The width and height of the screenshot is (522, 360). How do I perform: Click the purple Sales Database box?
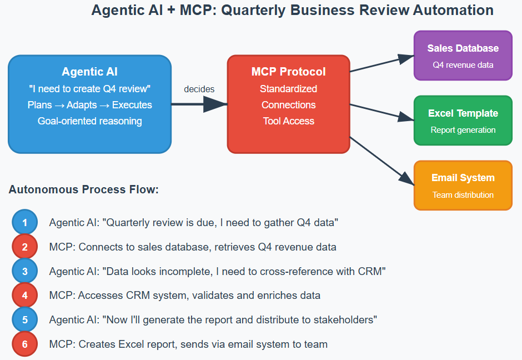click(x=463, y=56)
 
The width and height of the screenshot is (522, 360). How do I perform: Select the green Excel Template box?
click(x=463, y=121)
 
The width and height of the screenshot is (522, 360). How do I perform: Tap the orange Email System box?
click(x=463, y=186)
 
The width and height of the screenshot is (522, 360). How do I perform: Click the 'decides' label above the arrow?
click(x=199, y=89)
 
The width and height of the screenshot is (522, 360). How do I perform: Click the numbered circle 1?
click(x=24, y=223)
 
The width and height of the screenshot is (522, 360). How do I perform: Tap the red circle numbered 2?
click(x=24, y=247)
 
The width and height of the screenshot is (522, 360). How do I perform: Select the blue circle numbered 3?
click(x=24, y=271)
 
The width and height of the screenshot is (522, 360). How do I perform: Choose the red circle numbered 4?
click(x=24, y=296)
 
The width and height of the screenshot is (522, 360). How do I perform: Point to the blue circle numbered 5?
click(x=24, y=320)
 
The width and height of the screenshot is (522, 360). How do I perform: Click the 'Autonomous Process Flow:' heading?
click(x=84, y=190)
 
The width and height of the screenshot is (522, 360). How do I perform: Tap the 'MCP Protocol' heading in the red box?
click(x=289, y=72)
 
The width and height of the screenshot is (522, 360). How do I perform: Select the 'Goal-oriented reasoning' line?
click(x=90, y=121)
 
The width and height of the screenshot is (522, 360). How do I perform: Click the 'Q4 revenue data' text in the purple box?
click(x=463, y=65)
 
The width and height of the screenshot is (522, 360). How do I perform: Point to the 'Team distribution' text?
click(x=463, y=195)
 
